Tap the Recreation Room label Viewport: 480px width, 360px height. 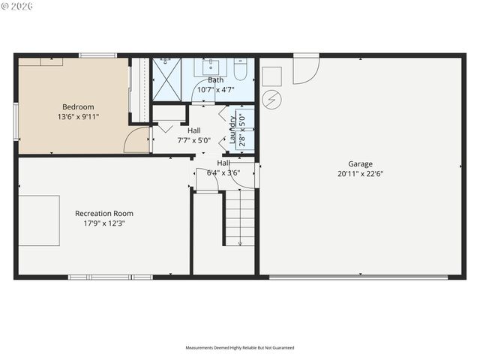point(104,213)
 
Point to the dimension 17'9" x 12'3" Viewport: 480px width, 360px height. point(104,223)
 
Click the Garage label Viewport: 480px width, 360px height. point(360,163)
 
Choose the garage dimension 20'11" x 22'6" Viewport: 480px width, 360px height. point(360,173)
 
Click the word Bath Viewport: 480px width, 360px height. point(216,79)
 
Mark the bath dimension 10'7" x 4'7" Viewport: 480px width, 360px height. point(216,90)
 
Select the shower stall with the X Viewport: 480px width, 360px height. point(166,78)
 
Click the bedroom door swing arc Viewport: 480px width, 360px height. point(136,139)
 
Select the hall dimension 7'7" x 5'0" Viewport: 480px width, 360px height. point(194,140)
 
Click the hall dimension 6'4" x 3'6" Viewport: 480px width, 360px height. point(223,173)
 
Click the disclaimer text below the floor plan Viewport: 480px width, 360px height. point(240,348)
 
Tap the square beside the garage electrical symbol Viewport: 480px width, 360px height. point(271,76)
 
